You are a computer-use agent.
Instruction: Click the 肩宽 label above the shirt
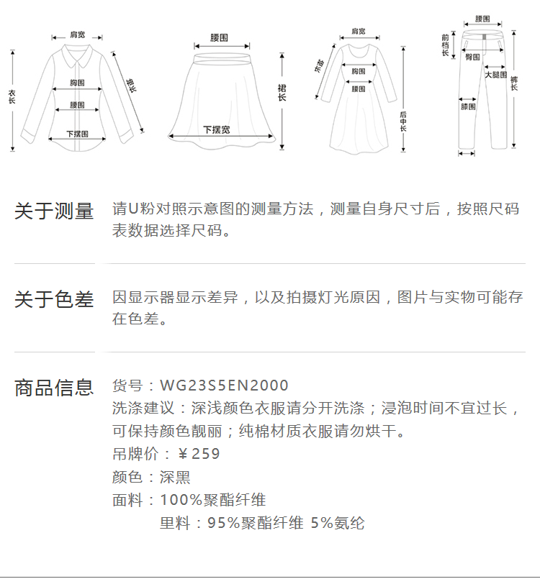pos(77,35)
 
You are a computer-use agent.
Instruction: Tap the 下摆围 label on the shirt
pos(77,134)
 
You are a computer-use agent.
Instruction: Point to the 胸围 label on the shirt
pos(78,83)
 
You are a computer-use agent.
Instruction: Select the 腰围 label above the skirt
pos(220,37)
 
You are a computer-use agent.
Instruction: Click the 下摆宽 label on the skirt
pos(216,130)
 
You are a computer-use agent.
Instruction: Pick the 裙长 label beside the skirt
pos(282,92)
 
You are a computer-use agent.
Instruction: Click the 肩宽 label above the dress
pos(358,32)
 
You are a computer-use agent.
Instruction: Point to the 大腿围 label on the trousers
pos(495,75)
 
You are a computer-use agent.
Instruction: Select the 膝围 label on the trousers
pos(468,107)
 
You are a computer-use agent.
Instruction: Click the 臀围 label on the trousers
pos(472,57)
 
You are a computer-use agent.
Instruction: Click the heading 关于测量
pos(54,211)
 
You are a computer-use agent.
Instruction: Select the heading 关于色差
pos(54,299)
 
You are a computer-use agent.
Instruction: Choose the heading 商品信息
pos(54,388)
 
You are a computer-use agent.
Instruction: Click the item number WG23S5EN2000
pos(224,386)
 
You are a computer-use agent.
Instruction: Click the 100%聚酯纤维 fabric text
pos(212,500)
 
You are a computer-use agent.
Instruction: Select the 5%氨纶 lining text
pos(338,523)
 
